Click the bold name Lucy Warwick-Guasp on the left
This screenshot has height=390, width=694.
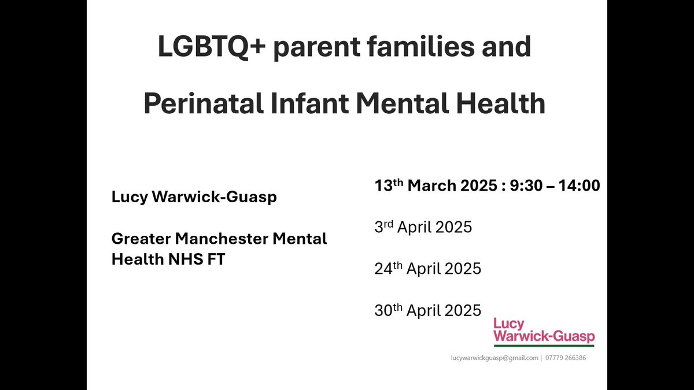[194, 197]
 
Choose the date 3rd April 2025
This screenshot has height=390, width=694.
[423, 227]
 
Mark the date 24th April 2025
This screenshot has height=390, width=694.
[427, 268]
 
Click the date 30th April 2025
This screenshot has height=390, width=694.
[427, 310]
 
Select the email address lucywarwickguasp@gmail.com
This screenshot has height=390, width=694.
[494, 358]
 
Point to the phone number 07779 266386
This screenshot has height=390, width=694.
[566, 358]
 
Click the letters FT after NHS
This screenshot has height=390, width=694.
[216, 259]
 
